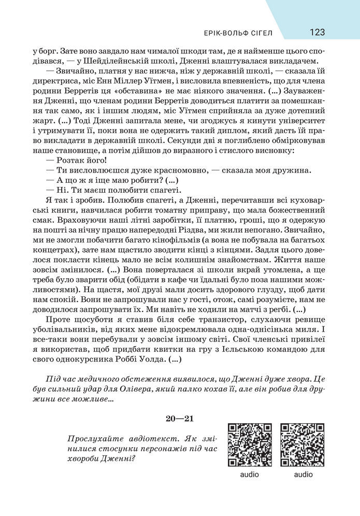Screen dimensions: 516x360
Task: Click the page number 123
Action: (317, 32)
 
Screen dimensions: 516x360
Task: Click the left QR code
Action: (250, 445)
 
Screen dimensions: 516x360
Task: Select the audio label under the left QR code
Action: (250, 474)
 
